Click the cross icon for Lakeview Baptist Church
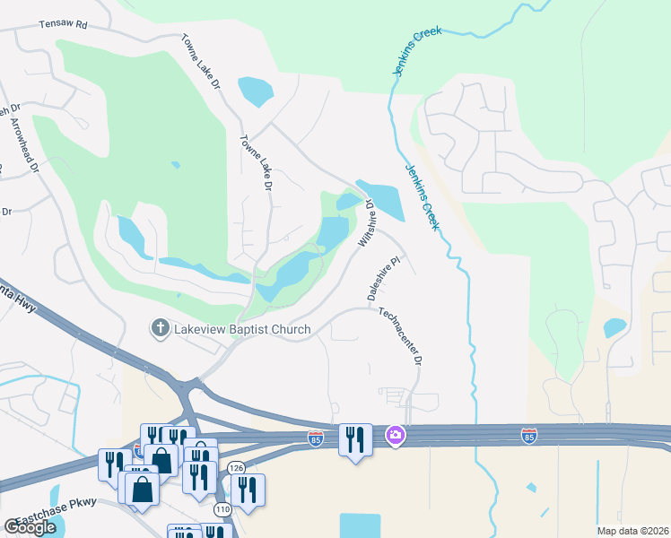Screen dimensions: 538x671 tap(161, 328)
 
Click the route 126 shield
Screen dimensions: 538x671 tap(236, 467)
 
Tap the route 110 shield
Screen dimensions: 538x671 tap(222, 508)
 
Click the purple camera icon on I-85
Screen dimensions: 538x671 tap(395, 436)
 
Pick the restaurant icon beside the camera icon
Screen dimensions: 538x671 tap(355, 439)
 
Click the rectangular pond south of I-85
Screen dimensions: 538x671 tap(361, 525)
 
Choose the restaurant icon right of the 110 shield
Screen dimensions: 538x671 tap(247, 490)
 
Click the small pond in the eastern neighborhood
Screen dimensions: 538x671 tap(614, 328)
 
